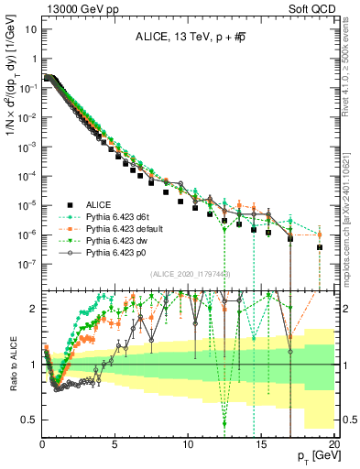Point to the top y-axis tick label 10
tap(30, 27)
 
